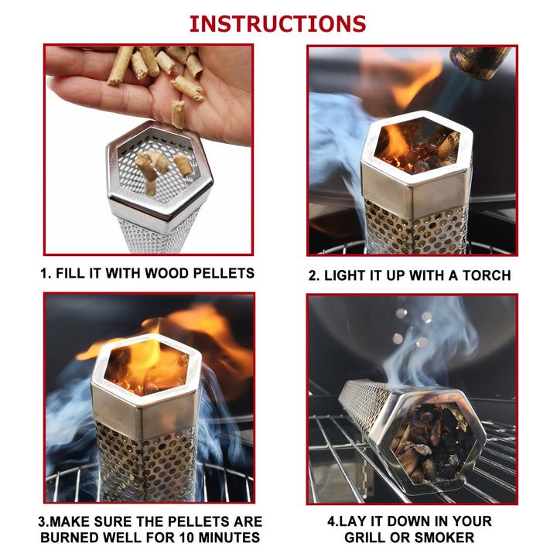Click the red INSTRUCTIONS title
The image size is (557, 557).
pos(278,23)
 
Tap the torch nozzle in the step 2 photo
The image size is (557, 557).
pos(480,61)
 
